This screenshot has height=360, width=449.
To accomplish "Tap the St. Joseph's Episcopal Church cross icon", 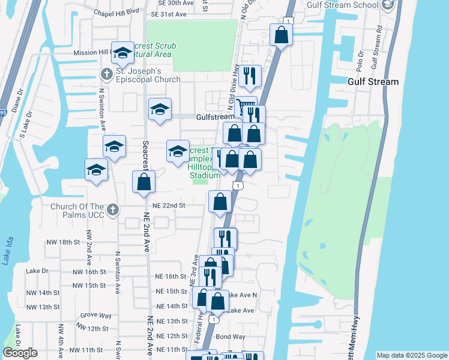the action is pyautogui.click(x=106, y=74).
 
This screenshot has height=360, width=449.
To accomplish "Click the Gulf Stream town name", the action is pyautogui.click(x=373, y=82).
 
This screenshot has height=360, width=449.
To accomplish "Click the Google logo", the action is pyautogui.click(x=20, y=353).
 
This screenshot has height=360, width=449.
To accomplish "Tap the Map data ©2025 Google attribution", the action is pyautogui.click(x=411, y=355).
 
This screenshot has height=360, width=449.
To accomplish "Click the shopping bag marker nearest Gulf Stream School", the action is pyautogui.click(x=281, y=35).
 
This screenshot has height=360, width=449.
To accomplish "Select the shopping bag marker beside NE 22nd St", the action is pyautogui.click(x=220, y=202).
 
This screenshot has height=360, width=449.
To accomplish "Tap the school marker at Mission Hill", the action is pyautogui.click(x=122, y=53).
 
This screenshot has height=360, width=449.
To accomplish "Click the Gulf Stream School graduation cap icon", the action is pyautogui.click(x=387, y=5).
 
